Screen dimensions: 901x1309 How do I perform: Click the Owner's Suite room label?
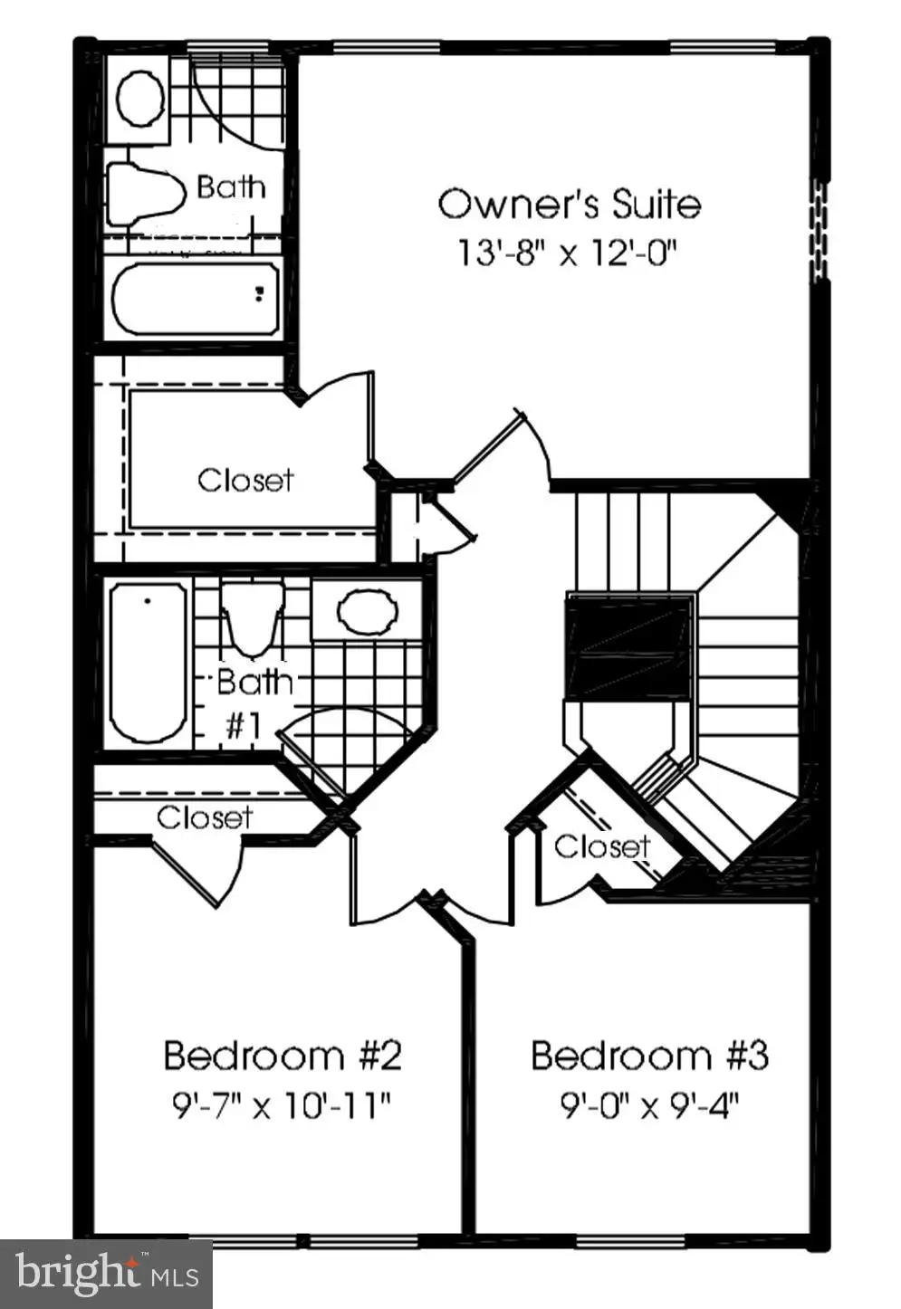click(x=569, y=204)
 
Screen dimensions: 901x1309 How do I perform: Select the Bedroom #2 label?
click(x=283, y=1056)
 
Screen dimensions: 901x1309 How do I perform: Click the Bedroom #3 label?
click(x=649, y=1056)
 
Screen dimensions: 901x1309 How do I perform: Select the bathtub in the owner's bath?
click(x=196, y=300)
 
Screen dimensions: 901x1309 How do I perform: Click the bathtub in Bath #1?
click(x=149, y=662)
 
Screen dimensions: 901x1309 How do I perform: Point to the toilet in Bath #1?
click(x=253, y=618)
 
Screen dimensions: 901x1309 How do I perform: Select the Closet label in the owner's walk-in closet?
click(x=245, y=481)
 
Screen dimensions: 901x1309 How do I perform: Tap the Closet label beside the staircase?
click(x=602, y=846)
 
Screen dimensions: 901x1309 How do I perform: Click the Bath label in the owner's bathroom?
click(x=231, y=187)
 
